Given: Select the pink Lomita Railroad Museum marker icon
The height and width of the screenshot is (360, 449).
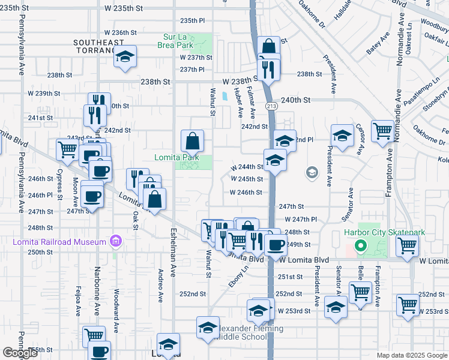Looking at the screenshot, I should [116, 242].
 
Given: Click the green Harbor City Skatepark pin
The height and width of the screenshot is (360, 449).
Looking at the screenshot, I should [360, 245].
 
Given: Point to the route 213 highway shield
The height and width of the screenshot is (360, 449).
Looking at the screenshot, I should [272, 106].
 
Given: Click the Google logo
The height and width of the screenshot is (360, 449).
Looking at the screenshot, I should [20, 353].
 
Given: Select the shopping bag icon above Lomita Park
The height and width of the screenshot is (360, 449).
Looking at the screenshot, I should [193, 142].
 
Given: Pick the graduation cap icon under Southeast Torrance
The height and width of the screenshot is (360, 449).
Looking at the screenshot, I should [125, 58].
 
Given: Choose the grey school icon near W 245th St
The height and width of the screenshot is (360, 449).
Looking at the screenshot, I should [312, 173].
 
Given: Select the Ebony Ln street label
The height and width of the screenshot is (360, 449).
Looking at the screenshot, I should [234, 277].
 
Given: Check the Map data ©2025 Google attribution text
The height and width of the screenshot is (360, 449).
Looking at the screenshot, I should [411, 355].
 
